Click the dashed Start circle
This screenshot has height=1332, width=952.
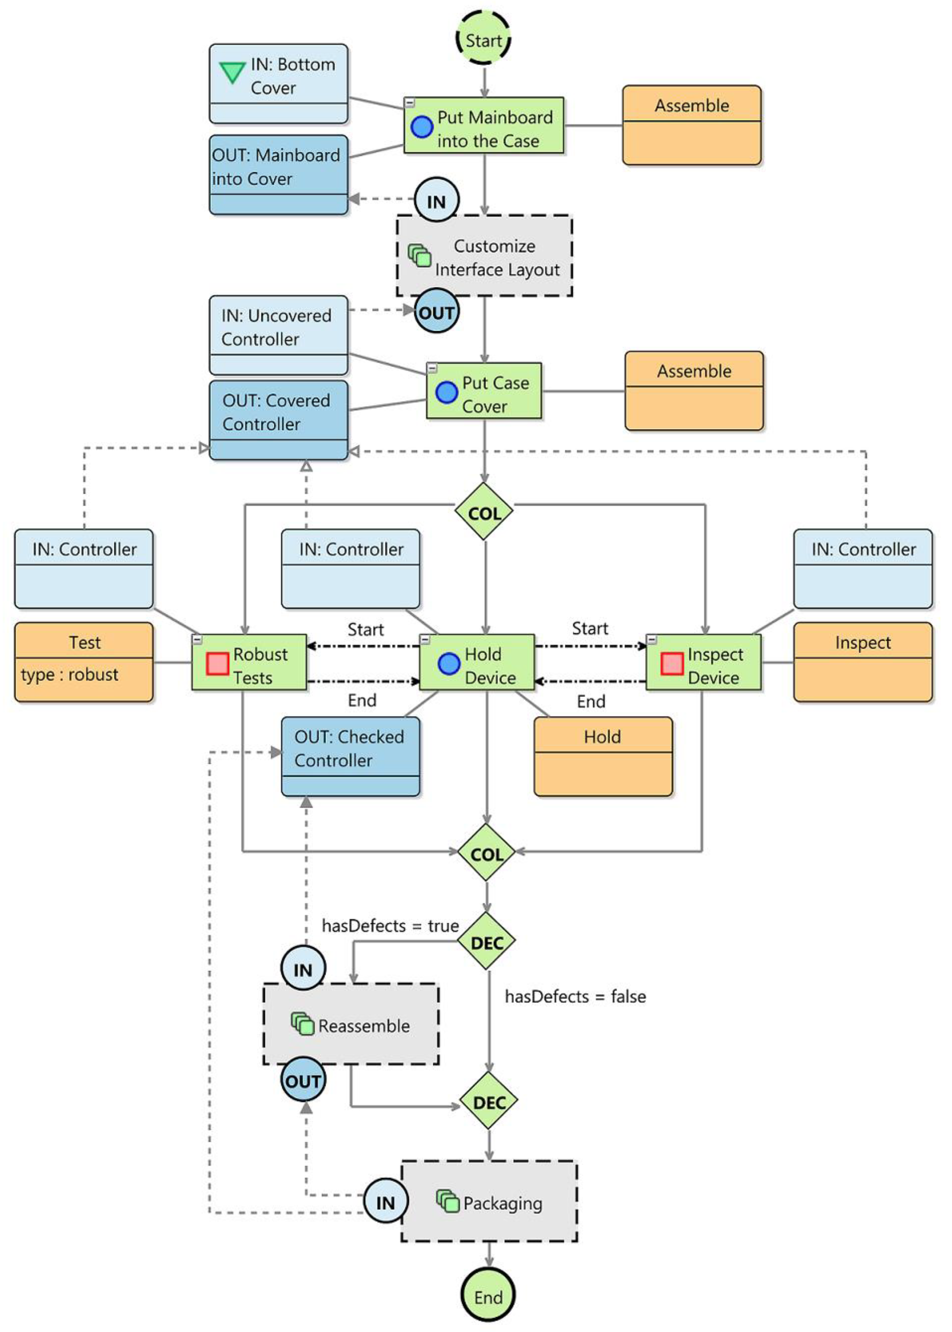point(484,39)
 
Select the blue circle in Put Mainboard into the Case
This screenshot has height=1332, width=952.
point(421,127)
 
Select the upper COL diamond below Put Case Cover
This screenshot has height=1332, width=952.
point(484,512)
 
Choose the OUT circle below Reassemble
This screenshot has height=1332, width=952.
point(303,1080)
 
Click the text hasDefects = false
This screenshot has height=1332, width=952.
point(575,997)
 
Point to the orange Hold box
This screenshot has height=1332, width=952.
point(603,756)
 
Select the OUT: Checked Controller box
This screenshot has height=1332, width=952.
point(350,756)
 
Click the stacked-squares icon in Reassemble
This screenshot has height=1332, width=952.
point(302,1024)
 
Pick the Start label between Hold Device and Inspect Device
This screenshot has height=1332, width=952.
point(590,629)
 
